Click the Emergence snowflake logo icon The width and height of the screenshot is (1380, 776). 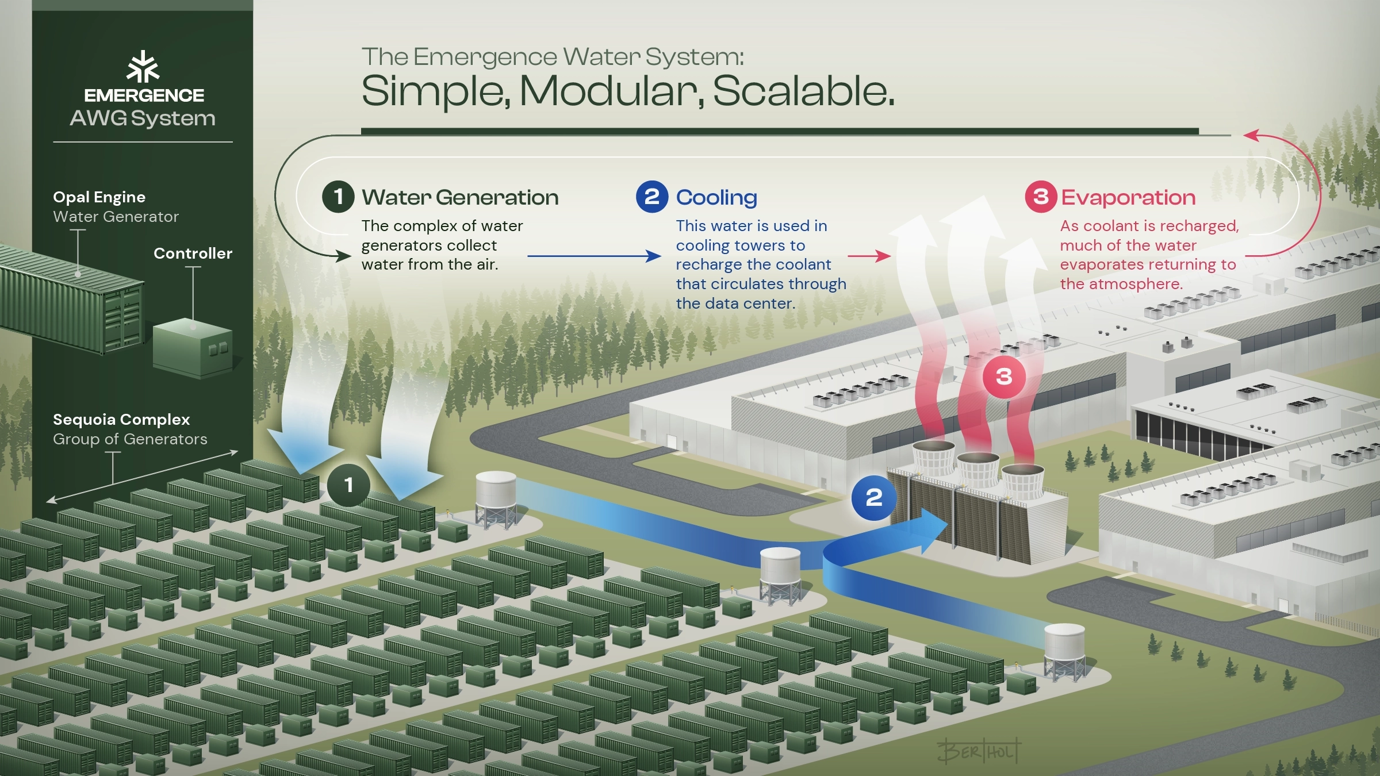[143, 67]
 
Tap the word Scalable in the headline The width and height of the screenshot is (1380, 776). [803, 91]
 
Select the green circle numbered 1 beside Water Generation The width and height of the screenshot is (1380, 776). [338, 197]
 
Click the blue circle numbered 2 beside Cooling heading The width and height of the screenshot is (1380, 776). [651, 197]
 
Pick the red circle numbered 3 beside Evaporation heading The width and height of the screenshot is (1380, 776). [1040, 197]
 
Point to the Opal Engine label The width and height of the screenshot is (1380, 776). [99, 197]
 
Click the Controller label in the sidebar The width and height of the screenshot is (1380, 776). [193, 253]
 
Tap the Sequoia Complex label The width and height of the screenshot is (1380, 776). [121, 420]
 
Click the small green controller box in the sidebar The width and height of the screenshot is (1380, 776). [193, 348]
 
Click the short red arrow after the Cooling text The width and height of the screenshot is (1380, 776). [869, 256]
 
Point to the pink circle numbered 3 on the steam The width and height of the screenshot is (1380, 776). [1004, 377]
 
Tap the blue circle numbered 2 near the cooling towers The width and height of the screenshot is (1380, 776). [873, 498]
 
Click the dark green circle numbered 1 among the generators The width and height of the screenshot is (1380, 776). [348, 485]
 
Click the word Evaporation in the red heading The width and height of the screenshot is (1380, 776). [1128, 198]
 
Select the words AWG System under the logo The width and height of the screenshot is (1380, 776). [143, 118]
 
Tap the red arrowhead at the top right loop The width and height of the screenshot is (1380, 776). [1251, 136]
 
